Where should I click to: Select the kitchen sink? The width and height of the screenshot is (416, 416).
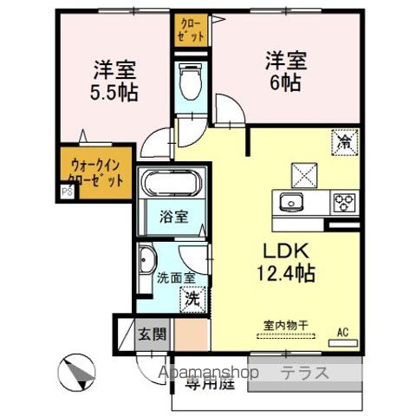pyautogui.click(x=289, y=202)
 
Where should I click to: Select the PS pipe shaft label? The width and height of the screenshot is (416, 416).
pyautogui.click(x=66, y=192)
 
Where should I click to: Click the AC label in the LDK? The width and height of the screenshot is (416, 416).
pyautogui.click(x=342, y=331)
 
